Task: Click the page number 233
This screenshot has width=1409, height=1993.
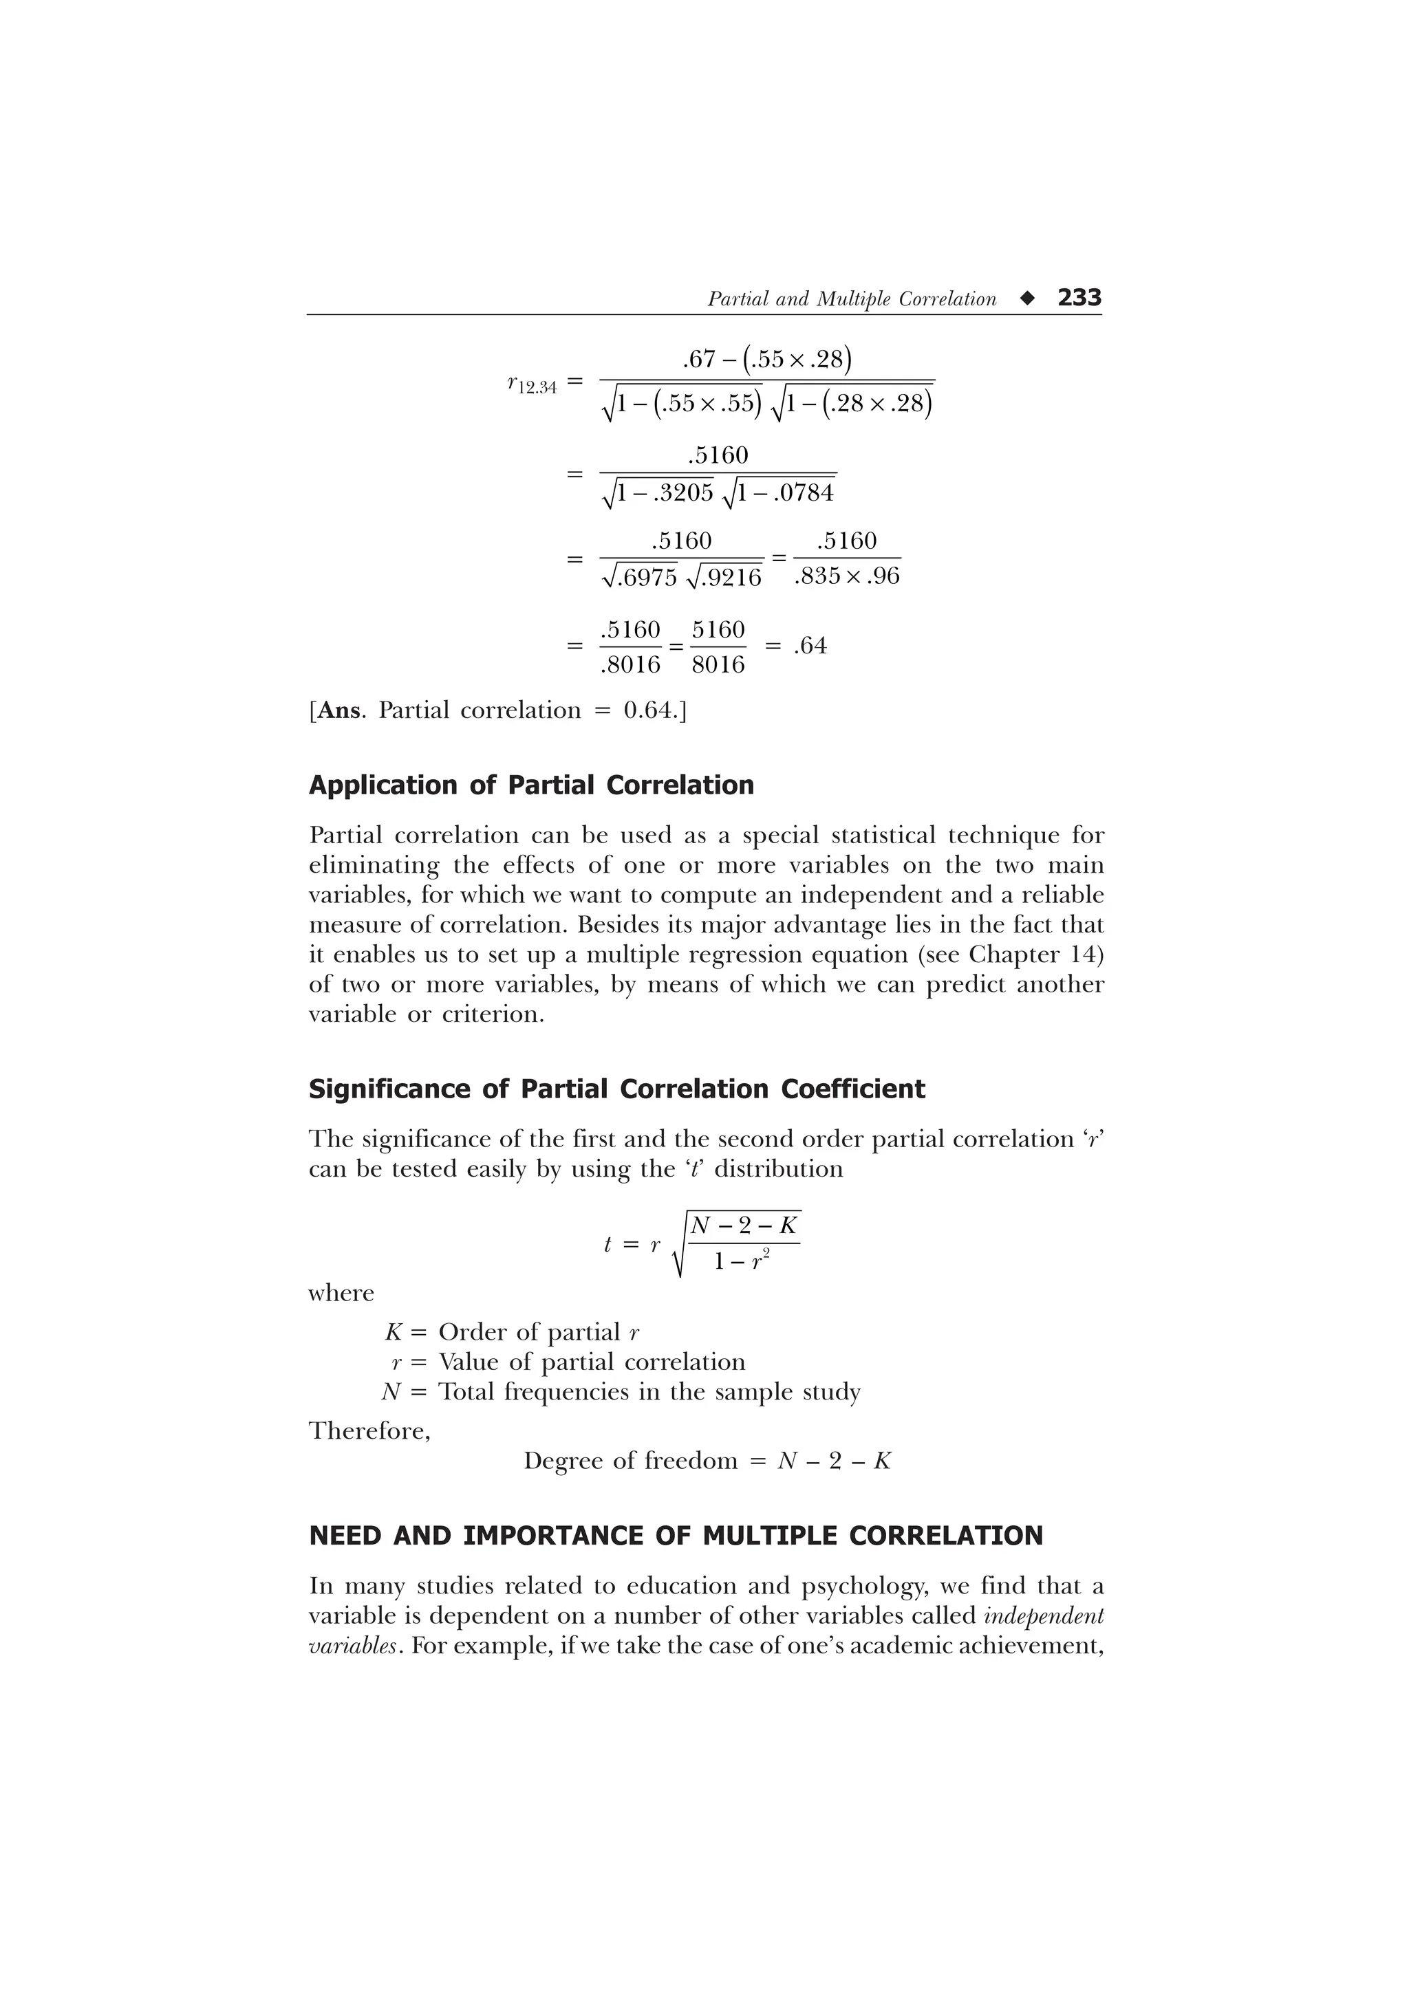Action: tap(1079, 298)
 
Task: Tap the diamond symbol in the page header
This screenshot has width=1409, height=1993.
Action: tap(1028, 298)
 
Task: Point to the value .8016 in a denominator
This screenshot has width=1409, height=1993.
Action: tap(630, 665)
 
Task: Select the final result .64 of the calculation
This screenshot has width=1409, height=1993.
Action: tap(809, 646)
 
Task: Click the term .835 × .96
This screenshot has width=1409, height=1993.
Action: tap(846, 576)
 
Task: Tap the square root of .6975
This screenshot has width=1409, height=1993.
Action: tap(638, 577)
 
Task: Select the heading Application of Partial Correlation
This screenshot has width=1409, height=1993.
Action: tap(531, 785)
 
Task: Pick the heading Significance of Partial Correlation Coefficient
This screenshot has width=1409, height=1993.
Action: tap(617, 1089)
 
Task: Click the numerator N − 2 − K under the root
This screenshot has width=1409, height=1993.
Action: tap(744, 1226)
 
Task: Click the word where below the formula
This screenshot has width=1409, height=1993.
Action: tap(341, 1294)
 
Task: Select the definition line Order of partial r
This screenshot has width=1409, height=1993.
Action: tap(538, 1331)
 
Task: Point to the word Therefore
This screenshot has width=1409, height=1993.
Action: tap(369, 1430)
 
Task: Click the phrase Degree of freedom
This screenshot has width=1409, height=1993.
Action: tap(630, 1461)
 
